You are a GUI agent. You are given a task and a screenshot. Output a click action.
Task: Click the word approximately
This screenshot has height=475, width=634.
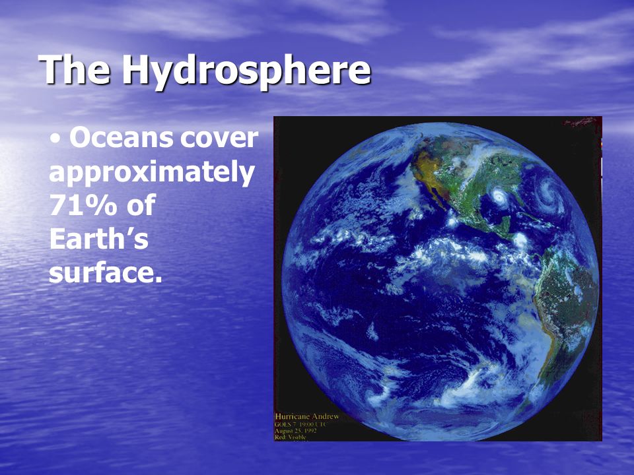tap(151, 173)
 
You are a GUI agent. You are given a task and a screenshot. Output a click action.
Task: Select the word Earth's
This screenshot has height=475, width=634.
tap(98, 240)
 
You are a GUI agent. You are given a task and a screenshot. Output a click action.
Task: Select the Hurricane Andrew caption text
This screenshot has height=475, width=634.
tap(307, 416)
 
